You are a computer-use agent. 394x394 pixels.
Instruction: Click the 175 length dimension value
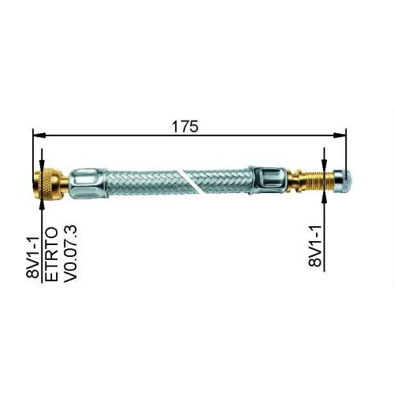(x=188, y=125)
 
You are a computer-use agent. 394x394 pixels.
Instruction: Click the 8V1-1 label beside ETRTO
(x=33, y=250)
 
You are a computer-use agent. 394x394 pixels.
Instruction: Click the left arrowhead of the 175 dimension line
(x=39, y=135)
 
